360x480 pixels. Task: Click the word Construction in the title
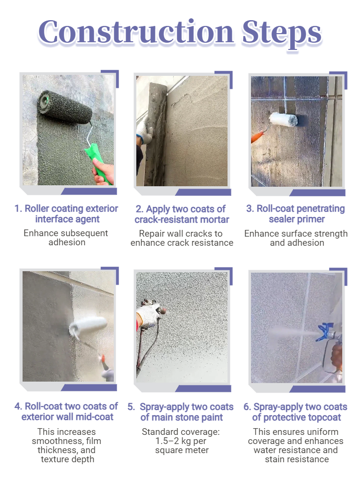[x=136, y=32]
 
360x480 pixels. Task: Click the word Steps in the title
[x=282, y=34]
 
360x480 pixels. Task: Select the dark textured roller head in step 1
[x=65, y=107]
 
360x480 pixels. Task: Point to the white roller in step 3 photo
[x=283, y=119]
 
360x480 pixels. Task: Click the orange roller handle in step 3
[x=258, y=136]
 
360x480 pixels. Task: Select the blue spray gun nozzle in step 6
[x=324, y=332]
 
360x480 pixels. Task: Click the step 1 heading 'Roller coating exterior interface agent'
[x=66, y=214]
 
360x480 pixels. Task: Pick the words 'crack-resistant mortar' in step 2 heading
[x=182, y=219]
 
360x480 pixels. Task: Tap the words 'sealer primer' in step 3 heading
[x=297, y=219]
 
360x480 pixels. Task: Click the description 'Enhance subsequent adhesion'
[x=66, y=238]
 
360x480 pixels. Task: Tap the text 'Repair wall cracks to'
[x=180, y=234]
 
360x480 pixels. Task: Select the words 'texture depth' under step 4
[x=67, y=459]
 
